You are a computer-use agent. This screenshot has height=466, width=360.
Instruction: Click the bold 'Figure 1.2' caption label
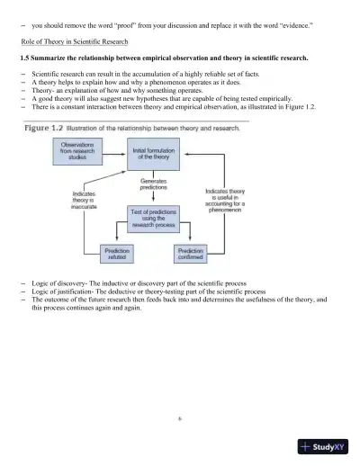pos(45,128)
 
